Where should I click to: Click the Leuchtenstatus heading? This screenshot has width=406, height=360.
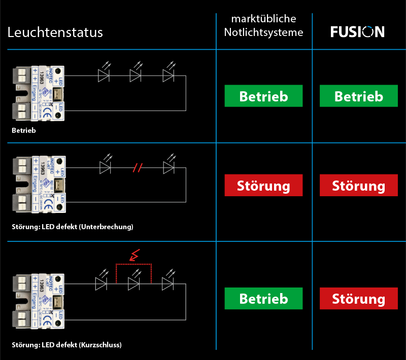coord(55,33)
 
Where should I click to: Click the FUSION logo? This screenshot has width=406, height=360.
coord(357,32)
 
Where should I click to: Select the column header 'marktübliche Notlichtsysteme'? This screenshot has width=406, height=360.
coord(263,26)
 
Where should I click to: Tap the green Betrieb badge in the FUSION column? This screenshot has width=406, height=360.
coord(358,96)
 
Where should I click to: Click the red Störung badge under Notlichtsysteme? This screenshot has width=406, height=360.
coord(263,186)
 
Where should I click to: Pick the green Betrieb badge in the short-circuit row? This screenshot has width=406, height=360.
coord(263,299)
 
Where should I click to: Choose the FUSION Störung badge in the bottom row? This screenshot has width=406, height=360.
coord(358,299)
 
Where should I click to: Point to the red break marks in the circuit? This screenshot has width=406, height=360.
coord(137,167)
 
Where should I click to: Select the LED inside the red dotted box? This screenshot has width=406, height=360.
coord(134,284)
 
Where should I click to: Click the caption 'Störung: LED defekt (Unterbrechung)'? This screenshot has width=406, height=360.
coord(73,227)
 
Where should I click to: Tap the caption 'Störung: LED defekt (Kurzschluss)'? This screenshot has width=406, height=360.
coord(66,345)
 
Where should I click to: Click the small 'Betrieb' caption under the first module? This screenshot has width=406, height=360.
coord(23,130)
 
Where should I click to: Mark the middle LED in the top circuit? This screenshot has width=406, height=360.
coord(136,76)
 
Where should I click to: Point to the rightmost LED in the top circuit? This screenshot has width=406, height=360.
coord(168,76)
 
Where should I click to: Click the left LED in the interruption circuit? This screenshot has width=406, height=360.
coord(105,167)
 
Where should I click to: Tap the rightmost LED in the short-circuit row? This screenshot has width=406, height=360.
coord(167,284)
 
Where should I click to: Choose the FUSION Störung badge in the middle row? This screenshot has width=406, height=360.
coord(358,186)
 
